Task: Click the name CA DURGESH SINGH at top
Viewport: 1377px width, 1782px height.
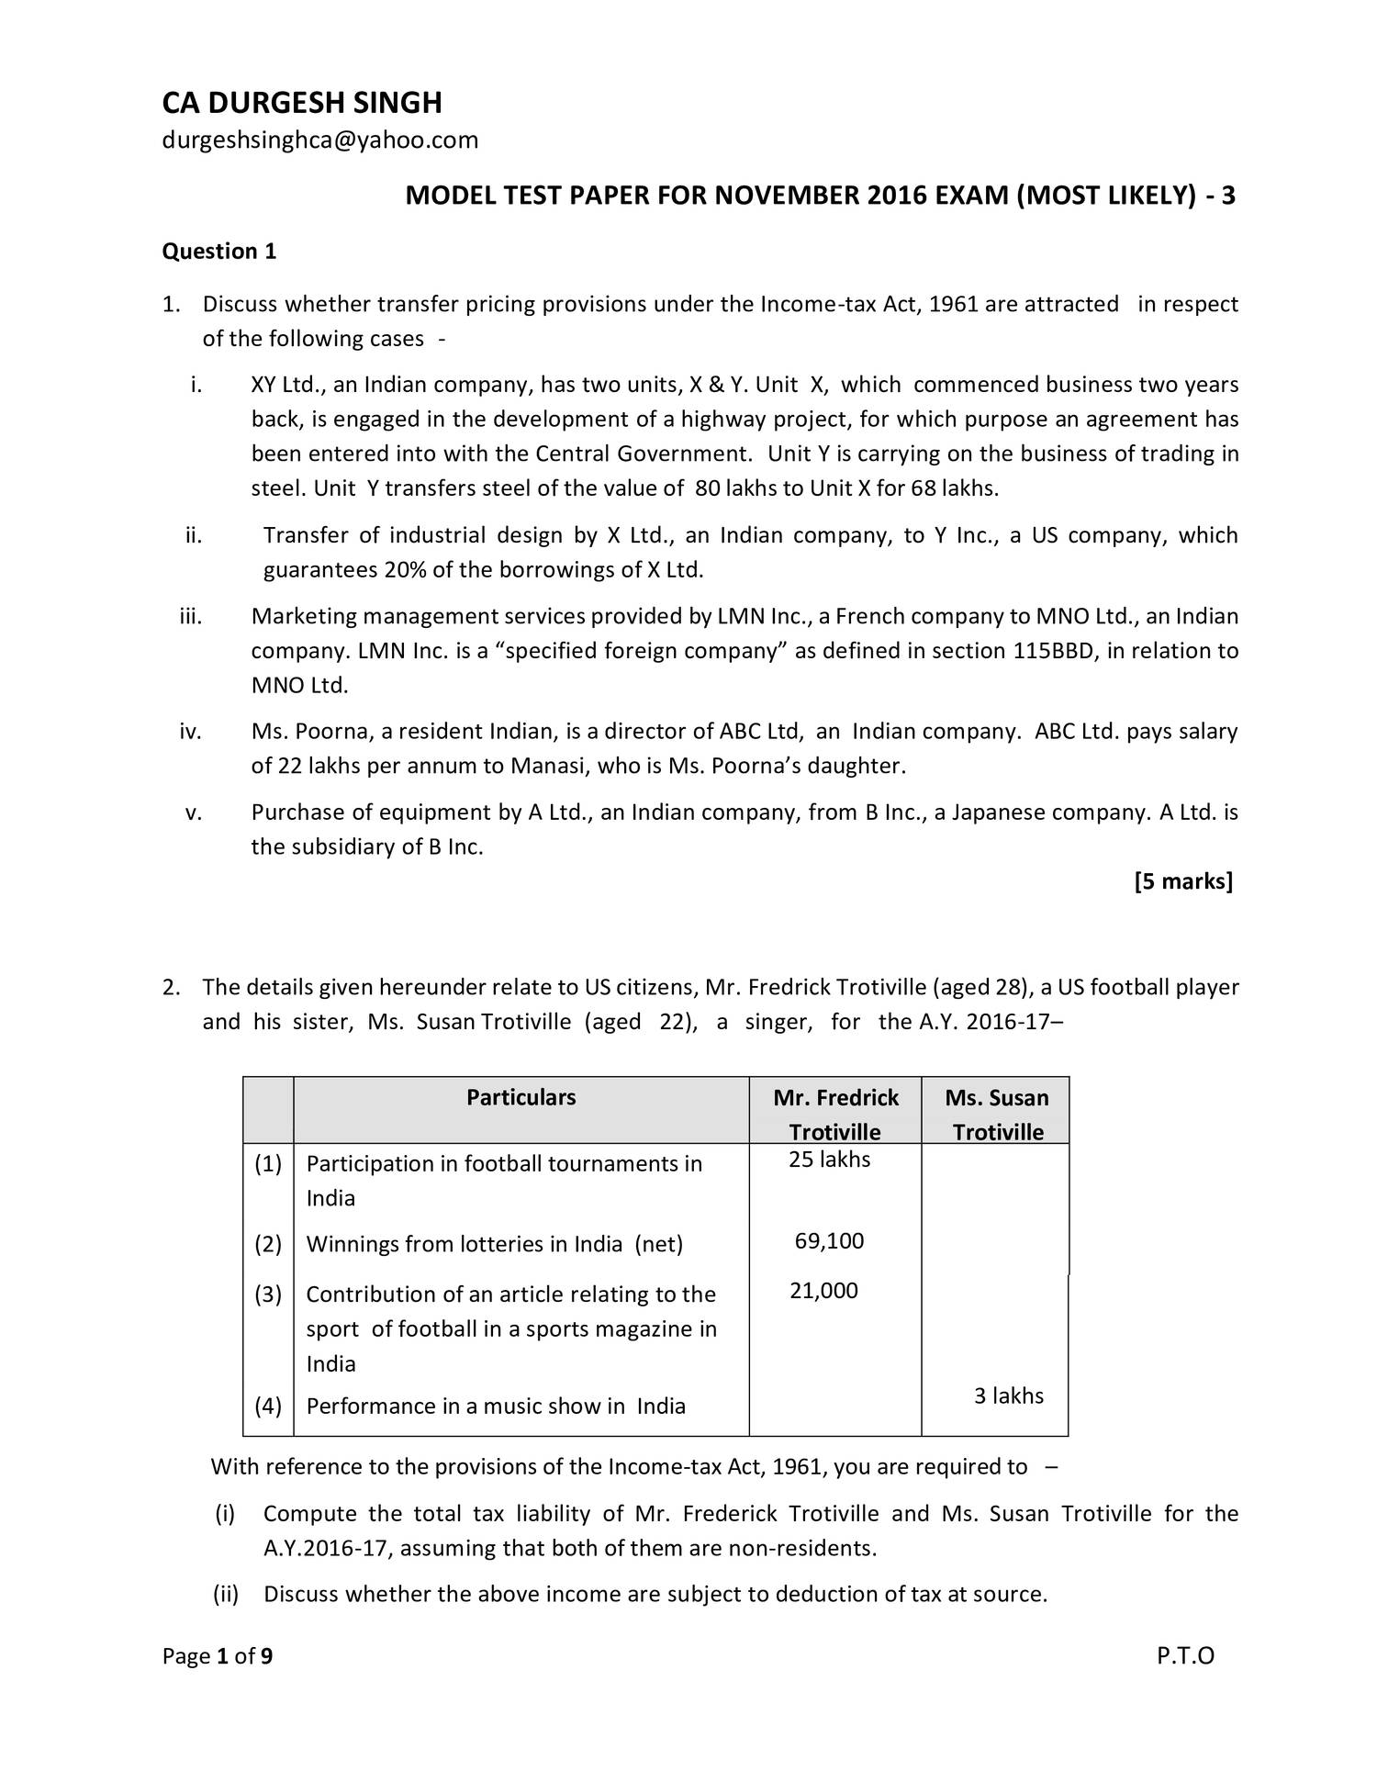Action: pos(302,103)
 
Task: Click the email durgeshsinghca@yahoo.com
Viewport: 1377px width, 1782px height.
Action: pos(320,140)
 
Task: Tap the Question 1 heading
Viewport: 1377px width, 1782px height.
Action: pos(218,251)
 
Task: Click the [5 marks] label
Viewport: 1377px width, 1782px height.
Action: pos(1182,881)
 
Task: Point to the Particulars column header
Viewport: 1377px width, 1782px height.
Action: pos(521,1097)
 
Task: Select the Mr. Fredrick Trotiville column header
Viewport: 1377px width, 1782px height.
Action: pos(835,1114)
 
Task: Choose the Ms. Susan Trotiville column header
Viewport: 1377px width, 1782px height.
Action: pos(997,1114)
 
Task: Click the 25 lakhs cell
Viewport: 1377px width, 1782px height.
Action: pos(829,1160)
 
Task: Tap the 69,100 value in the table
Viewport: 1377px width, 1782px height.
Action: pos(829,1241)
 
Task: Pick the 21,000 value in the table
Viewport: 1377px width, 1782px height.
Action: pos(823,1291)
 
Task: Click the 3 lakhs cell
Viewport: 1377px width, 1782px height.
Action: pos(1008,1395)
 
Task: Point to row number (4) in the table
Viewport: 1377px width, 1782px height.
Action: pos(268,1406)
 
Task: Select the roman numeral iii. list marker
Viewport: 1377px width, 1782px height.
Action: pos(190,616)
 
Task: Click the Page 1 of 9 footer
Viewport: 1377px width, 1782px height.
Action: pos(218,1656)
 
